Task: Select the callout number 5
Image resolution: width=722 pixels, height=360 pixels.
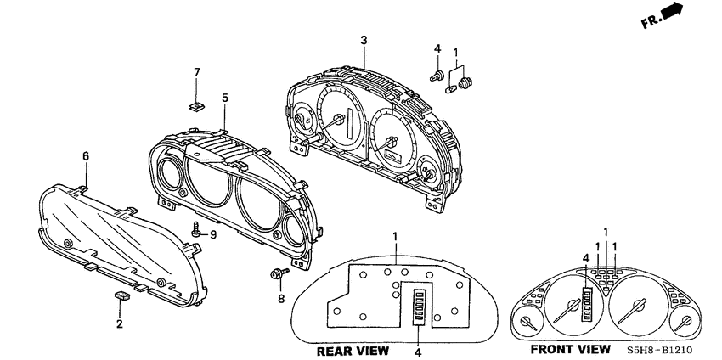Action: point(225,98)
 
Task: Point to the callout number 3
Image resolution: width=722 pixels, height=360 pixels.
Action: point(364,40)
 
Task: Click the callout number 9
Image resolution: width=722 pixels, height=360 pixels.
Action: point(213,234)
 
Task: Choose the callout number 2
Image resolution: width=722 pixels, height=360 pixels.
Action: point(120,324)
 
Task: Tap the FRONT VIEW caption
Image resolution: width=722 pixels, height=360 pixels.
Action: point(570,349)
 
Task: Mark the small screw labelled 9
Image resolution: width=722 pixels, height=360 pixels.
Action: point(197,228)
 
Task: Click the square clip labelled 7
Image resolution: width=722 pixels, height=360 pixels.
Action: point(196,106)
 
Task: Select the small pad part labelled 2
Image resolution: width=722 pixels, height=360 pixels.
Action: point(121,296)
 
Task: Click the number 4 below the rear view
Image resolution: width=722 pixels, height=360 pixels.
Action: point(417,350)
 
